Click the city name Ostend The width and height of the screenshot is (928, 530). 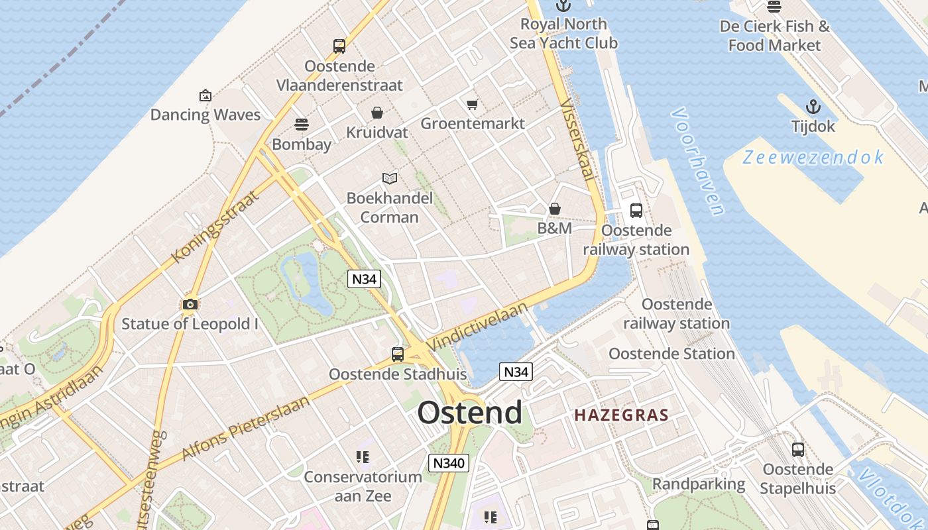pos(469,413)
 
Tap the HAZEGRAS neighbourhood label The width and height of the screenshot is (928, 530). pos(621,415)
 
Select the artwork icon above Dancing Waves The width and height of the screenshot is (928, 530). pos(205,95)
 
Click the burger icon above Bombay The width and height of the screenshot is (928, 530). pos(301,125)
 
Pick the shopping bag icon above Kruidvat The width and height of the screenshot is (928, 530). pos(377,113)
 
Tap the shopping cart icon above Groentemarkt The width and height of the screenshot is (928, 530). pos(473,104)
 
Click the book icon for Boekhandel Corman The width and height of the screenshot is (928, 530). pos(390,178)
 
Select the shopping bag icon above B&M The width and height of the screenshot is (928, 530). pos(555,209)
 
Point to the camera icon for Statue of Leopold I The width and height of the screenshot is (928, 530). pos(190,304)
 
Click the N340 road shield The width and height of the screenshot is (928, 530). pos(449,463)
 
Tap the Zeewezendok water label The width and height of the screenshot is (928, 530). pos(813,158)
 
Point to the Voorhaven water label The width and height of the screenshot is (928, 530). pos(698,162)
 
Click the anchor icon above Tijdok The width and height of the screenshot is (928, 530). pos(813,107)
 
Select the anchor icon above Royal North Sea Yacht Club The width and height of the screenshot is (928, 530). pos(563,6)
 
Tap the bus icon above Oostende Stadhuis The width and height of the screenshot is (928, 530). pos(398,354)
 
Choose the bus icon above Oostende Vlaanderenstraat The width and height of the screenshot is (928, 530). pos(339,46)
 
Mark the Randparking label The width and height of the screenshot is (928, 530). pos(699,484)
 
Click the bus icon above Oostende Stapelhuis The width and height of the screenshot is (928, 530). pos(798,450)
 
